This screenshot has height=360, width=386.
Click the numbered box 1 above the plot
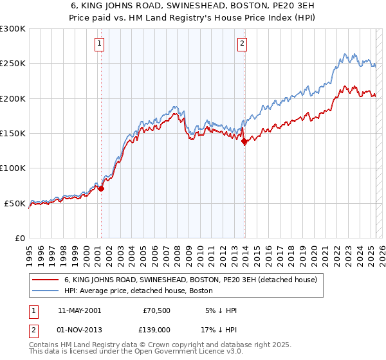100,44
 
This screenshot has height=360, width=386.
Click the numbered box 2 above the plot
242,44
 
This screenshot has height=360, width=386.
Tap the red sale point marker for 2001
101,189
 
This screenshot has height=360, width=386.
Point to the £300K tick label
13,29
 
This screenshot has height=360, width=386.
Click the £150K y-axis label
13,133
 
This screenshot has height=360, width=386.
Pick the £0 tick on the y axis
21,238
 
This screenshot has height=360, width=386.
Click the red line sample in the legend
46,280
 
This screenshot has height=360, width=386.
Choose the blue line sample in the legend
46,291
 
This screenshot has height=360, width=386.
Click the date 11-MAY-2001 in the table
79,310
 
